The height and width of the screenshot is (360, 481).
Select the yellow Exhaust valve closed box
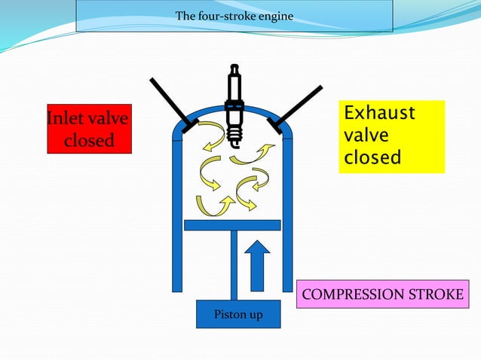click(391, 136)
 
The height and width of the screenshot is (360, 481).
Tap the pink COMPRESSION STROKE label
click(382, 294)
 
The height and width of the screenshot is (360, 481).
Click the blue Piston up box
click(238, 314)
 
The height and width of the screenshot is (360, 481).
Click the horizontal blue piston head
click(232, 224)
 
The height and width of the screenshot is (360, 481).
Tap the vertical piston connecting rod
click(234, 264)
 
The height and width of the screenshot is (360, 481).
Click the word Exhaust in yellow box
click(379, 114)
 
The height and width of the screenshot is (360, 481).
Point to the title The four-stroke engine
click(234, 16)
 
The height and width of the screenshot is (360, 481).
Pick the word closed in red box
click(89, 140)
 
